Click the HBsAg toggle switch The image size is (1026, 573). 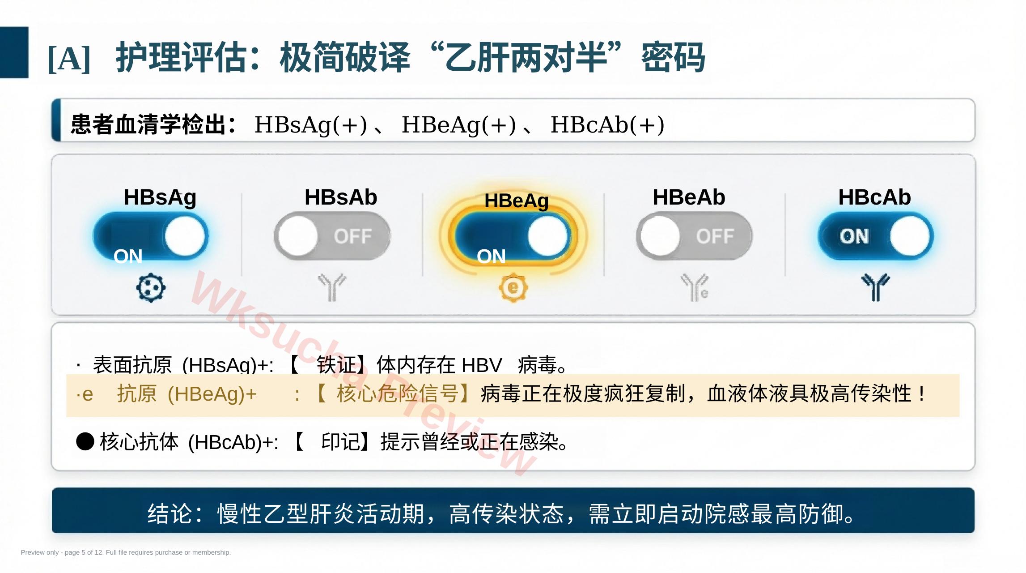(x=151, y=236)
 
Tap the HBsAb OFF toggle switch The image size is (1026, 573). (x=332, y=236)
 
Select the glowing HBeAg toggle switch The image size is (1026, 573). (x=513, y=236)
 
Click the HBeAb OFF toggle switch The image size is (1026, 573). (x=695, y=236)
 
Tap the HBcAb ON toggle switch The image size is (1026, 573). (x=876, y=236)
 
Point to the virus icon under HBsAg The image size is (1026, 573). (x=151, y=287)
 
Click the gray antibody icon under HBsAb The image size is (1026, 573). (x=332, y=287)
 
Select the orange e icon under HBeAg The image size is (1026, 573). (x=513, y=287)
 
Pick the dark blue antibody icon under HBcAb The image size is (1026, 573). (x=876, y=287)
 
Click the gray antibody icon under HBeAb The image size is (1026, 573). (x=695, y=287)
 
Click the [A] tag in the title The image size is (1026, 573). (x=69, y=58)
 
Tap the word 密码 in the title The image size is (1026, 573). (x=673, y=57)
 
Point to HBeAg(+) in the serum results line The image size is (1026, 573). (x=458, y=124)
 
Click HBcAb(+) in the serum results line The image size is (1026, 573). (x=607, y=124)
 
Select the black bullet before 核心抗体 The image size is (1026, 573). (x=85, y=441)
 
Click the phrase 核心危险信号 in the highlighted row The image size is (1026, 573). (x=398, y=394)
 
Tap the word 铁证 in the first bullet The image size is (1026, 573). (x=336, y=365)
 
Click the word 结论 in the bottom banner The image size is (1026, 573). (x=170, y=513)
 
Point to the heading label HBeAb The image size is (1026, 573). (x=689, y=197)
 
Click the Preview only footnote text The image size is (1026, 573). (x=126, y=552)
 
